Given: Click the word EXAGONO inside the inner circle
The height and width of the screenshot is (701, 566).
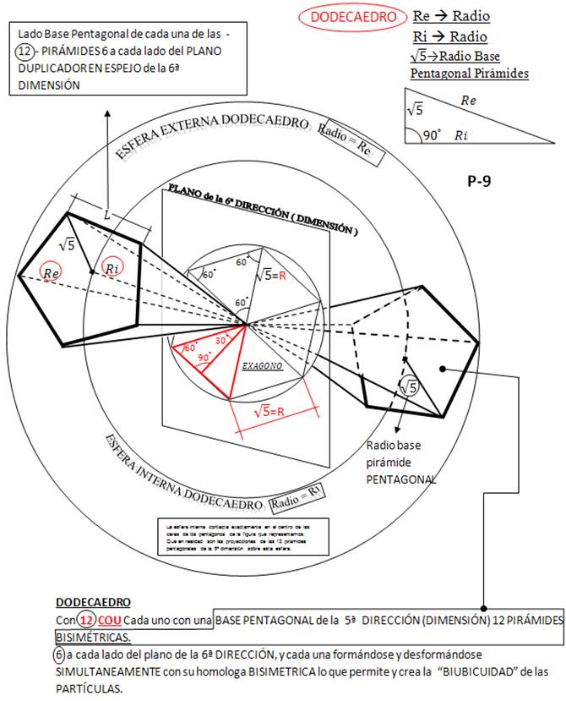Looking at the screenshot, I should pyautogui.click(x=262, y=367).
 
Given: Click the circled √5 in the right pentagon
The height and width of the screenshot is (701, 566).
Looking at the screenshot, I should pyautogui.click(x=408, y=386).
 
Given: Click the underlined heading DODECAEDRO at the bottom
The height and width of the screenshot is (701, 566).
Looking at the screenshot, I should pyautogui.click(x=93, y=602).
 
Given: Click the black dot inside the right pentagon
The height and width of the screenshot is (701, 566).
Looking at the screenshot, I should pyautogui.click(x=443, y=370).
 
